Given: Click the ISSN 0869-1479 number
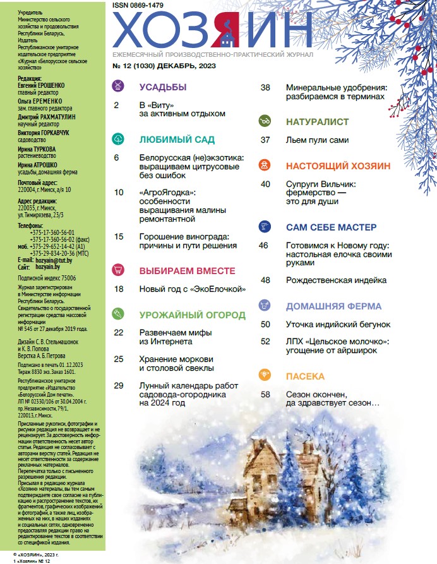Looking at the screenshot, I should (138, 5).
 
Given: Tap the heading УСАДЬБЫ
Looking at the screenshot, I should (162, 87).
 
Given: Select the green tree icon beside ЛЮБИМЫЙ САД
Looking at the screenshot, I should (117, 139).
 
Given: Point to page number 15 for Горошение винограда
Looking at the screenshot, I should (119, 237).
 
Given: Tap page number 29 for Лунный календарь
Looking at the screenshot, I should (119, 385).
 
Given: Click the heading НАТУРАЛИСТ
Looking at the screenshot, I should (317, 121).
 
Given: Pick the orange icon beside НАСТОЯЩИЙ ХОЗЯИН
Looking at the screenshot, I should (265, 165).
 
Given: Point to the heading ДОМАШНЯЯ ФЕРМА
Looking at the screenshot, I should (333, 306).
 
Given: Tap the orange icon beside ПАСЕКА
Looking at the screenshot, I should (265, 376).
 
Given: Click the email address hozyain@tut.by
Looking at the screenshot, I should (53, 260).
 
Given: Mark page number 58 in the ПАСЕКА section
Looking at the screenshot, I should (265, 395).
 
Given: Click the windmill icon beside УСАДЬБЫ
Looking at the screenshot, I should (117, 87).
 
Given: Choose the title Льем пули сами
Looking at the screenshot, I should (317, 140).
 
